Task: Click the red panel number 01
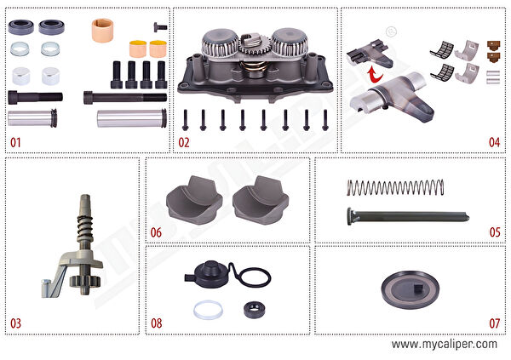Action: click(15, 142)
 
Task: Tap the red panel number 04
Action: click(494, 142)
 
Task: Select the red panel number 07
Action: click(494, 323)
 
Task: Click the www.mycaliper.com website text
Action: click(445, 345)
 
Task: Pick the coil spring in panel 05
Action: click(395, 187)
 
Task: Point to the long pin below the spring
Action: click(408, 216)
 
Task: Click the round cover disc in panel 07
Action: click(410, 289)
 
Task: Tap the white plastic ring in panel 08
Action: click(209, 310)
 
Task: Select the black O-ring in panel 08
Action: click(256, 277)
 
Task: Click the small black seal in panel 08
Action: click(254, 310)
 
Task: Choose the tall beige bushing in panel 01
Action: click(103, 31)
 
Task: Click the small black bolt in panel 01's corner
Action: click(160, 27)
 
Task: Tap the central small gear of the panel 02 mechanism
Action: click(254, 47)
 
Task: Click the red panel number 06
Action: click(156, 232)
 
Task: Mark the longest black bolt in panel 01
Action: click(125, 97)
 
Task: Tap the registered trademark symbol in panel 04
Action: click(391, 31)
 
